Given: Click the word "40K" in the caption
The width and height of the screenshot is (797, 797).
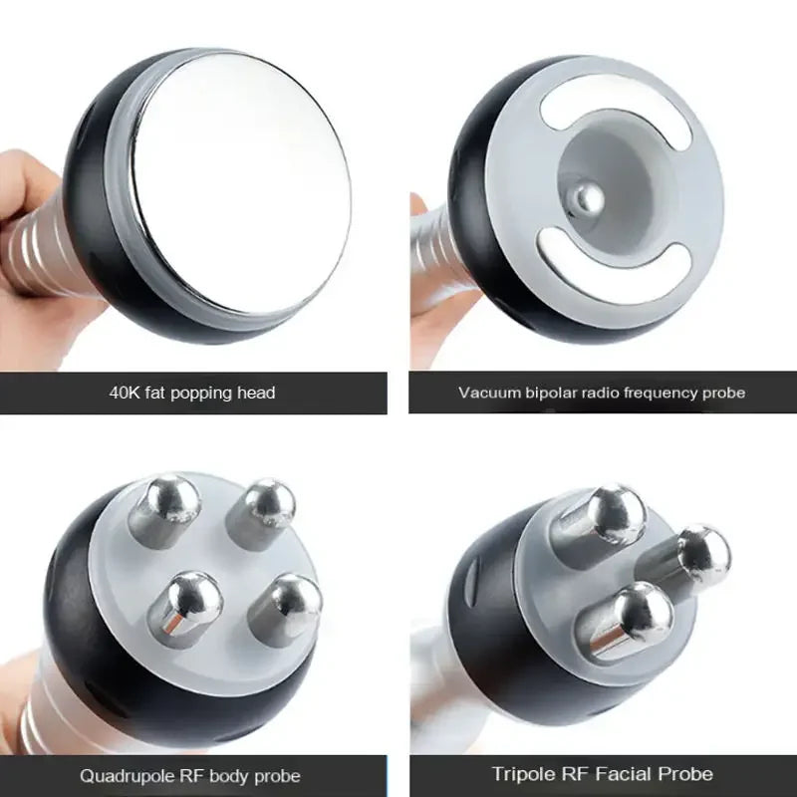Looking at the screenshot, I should pyautogui.click(x=126, y=393).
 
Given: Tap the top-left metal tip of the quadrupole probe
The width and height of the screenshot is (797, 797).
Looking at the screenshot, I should pyautogui.click(x=169, y=498).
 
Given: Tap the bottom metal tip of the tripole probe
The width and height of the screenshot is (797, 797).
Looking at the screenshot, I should pyautogui.click(x=638, y=614).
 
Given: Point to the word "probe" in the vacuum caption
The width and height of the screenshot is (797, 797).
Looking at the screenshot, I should pyautogui.click(x=722, y=393).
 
